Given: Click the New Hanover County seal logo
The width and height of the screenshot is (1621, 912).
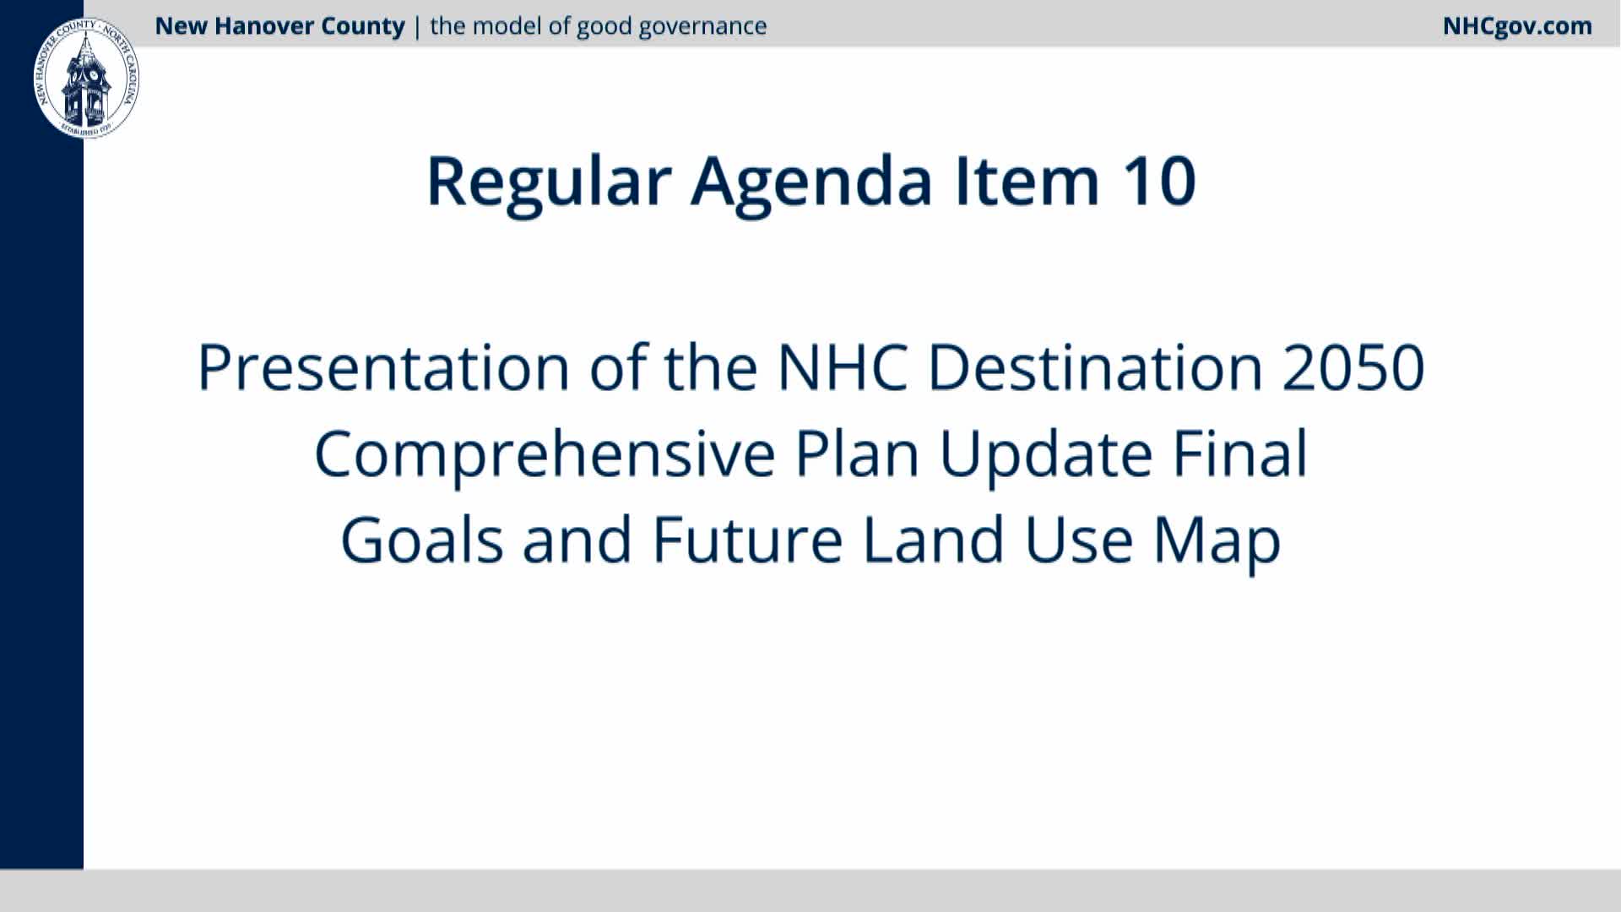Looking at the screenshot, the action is (x=86, y=78).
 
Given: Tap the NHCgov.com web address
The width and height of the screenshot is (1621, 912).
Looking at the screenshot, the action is (x=1517, y=26).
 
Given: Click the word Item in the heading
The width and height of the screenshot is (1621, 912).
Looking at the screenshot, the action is (x=1027, y=181).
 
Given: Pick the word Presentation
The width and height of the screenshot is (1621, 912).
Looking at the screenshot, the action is (x=383, y=367).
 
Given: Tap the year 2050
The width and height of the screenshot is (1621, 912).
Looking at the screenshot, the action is (x=1353, y=367).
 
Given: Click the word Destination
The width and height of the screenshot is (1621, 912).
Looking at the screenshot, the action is (x=1095, y=367).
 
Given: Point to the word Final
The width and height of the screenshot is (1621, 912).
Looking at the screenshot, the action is (x=1240, y=453).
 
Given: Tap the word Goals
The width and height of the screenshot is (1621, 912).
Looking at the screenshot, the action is (x=422, y=540).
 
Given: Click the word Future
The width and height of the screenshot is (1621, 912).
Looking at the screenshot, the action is (x=747, y=540).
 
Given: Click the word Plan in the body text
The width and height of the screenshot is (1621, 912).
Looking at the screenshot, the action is (x=857, y=453).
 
